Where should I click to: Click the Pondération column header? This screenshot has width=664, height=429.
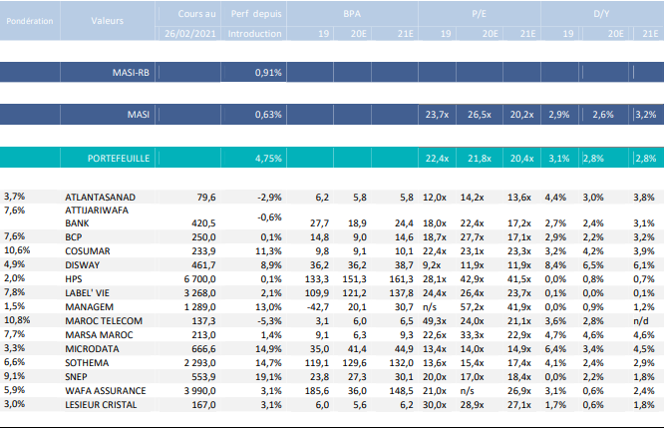(30, 19)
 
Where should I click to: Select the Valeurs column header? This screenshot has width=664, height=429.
(109, 19)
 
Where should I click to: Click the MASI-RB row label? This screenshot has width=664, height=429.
(131, 73)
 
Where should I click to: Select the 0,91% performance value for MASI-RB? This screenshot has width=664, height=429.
(268, 73)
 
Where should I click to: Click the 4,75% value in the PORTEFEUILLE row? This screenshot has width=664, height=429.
(268, 158)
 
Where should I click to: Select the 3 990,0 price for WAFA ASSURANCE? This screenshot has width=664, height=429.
(195, 391)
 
